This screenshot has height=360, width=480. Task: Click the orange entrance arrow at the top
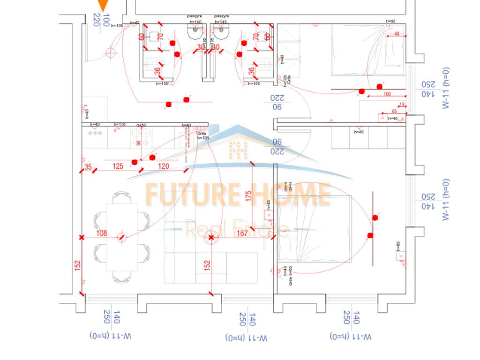(x=103, y=6)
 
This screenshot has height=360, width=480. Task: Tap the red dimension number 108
(x=101, y=233)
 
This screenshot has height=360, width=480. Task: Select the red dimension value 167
(x=242, y=233)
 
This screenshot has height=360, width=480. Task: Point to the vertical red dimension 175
(x=248, y=195)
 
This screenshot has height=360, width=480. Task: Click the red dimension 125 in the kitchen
(x=118, y=166)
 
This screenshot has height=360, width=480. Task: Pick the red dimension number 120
(x=163, y=166)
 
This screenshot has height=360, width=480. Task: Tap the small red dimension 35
(x=88, y=166)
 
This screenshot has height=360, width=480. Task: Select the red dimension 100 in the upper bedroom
(x=386, y=94)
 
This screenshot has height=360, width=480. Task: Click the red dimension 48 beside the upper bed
(x=397, y=34)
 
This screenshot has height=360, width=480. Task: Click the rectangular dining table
(x=122, y=237)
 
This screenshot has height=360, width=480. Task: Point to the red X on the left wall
(x=82, y=238)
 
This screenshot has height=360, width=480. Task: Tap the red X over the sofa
(x=211, y=238)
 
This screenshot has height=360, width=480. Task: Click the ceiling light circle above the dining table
(x=122, y=237)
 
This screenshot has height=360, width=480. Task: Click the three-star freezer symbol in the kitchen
(x=95, y=134)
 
